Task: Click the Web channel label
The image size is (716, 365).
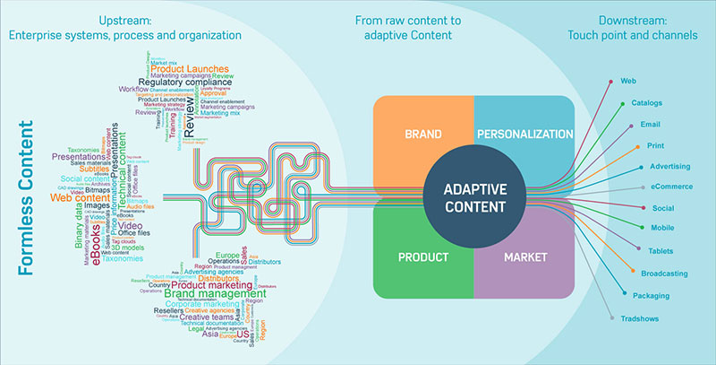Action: pyautogui.click(x=628, y=81)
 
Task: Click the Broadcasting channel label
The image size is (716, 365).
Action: pyautogui.click(x=664, y=271)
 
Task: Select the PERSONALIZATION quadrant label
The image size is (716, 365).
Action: pyautogui.click(x=524, y=134)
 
